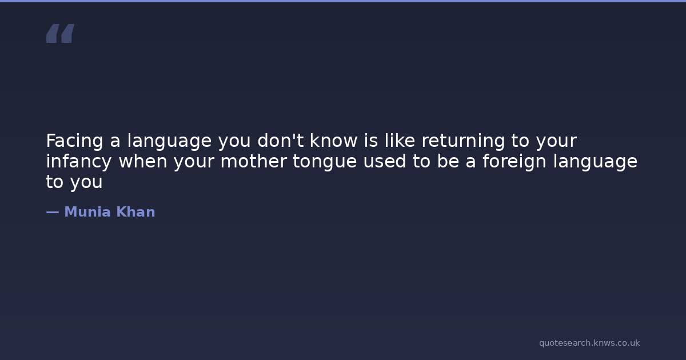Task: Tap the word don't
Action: pyautogui.click(x=281, y=141)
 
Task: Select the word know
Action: pyautogui.click(x=333, y=141)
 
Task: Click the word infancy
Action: pyautogui.click(x=79, y=162)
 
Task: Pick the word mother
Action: pyautogui.click(x=254, y=161)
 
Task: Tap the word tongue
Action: pyautogui.click(x=325, y=162)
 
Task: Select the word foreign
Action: pyautogui.click(x=514, y=162)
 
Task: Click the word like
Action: pyautogui.click(x=400, y=141)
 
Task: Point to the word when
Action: pyautogui.click(x=143, y=161)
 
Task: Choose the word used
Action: pyautogui.click(x=384, y=161)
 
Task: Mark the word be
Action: pyautogui.click(x=448, y=161)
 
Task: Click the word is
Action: pyautogui.click(x=370, y=141)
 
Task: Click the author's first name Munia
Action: pyautogui.click(x=87, y=212)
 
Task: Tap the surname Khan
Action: pyautogui.click(x=135, y=212)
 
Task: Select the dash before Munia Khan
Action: pyautogui.click(x=53, y=212)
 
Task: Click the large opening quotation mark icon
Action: pyautogui.click(x=61, y=33)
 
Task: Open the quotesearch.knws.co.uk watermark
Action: pyautogui.click(x=589, y=343)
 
